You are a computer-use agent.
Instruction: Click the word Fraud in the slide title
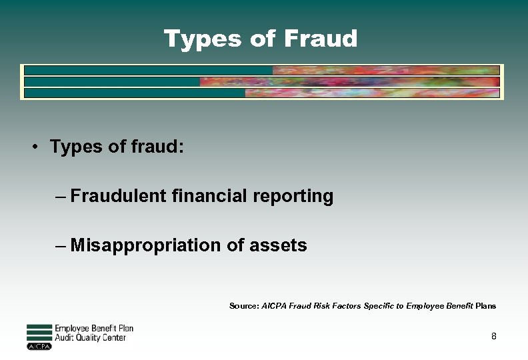tap(321, 39)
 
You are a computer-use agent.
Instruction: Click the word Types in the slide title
tap(203, 39)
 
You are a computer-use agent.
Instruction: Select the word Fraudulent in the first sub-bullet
tap(117, 196)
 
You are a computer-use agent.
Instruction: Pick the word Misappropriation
tap(146, 246)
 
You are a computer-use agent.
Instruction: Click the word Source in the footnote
tap(243, 306)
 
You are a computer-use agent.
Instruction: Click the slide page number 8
tap(493, 337)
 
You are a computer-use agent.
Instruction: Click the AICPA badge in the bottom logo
tap(39, 346)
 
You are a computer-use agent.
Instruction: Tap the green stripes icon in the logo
tap(39, 331)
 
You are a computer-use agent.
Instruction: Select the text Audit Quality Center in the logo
tap(90, 338)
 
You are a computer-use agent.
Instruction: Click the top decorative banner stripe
tap(261, 70)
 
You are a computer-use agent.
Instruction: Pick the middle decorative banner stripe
tap(261, 81)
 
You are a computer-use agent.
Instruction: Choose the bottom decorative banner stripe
tap(261, 93)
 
